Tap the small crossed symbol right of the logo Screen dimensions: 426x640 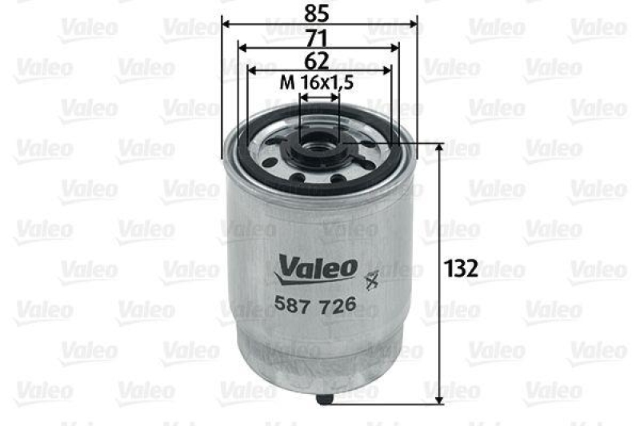[370, 280]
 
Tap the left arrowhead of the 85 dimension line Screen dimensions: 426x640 [225, 24]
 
